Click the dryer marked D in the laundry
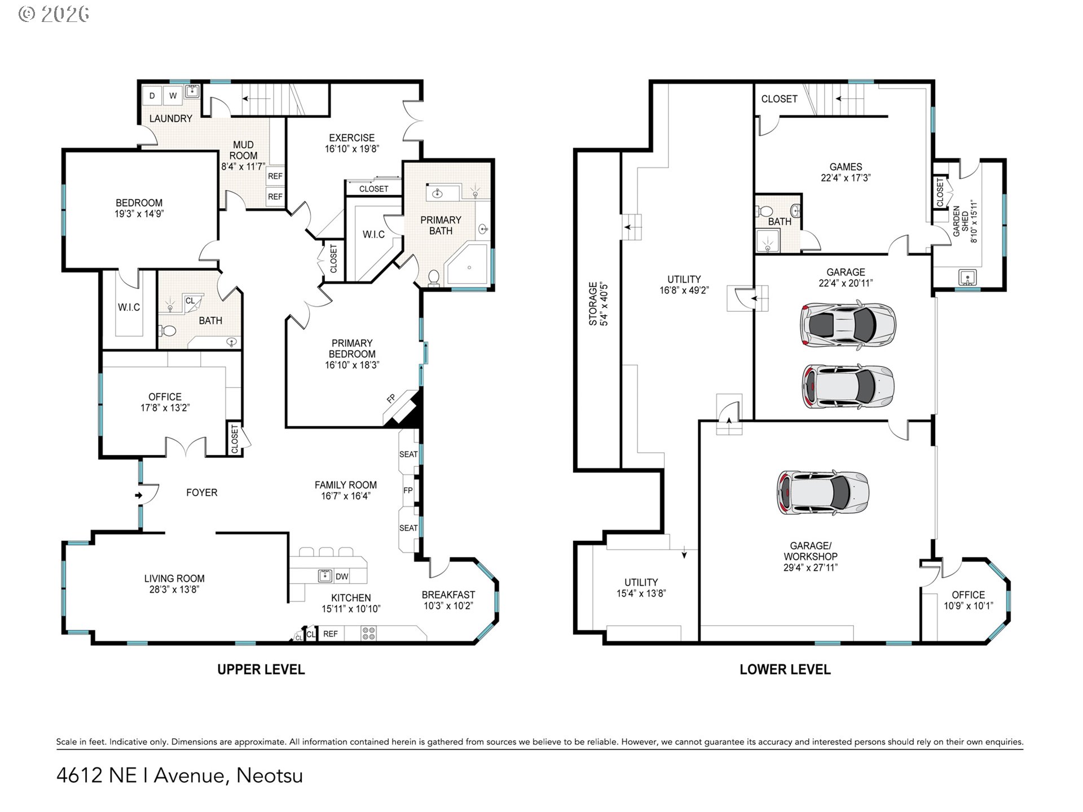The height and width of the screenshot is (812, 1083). click(152, 96)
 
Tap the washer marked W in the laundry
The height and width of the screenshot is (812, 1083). click(173, 96)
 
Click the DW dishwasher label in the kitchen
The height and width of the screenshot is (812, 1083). click(342, 576)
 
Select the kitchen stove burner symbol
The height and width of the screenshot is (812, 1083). click(368, 634)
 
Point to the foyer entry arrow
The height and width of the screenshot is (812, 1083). click(139, 496)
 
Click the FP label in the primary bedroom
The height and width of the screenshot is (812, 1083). click(391, 399)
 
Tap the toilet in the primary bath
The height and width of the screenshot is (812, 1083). click(434, 277)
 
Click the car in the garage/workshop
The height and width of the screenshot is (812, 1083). click(823, 493)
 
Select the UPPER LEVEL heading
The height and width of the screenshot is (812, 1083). click(261, 669)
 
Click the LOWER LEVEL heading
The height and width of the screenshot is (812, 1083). click(785, 669)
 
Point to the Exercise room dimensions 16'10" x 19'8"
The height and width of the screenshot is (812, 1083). click(352, 149)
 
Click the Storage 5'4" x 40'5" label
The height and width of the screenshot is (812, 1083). click(597, 303)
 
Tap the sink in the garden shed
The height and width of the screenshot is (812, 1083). click(967, 277)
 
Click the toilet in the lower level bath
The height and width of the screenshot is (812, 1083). click(765, 211)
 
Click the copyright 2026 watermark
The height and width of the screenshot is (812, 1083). click(54, 14)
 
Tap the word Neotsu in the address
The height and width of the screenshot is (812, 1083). click(270, 775)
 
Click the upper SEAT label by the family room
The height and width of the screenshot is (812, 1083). click(408, 454)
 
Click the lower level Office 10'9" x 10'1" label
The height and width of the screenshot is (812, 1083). click(968, 600)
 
